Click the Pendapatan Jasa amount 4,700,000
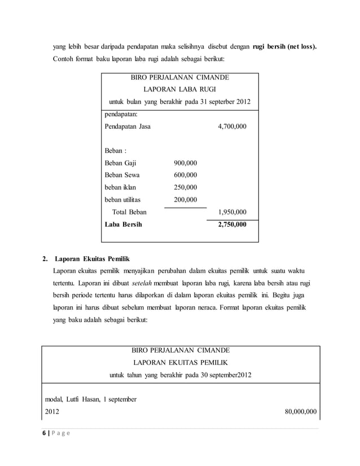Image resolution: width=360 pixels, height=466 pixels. pos(231,127)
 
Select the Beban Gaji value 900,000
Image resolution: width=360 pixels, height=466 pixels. pos(186,163)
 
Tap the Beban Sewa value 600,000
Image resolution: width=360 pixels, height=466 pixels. pos(186,175)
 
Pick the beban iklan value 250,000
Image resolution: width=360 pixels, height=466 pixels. pos(186,187)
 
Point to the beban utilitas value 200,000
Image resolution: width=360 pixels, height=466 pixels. pos(186,200)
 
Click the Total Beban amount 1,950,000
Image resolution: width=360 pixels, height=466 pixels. pos(231,212)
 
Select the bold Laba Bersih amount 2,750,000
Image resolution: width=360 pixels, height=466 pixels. pos(231,225)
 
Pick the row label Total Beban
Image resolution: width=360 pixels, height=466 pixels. pos(129,212)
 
